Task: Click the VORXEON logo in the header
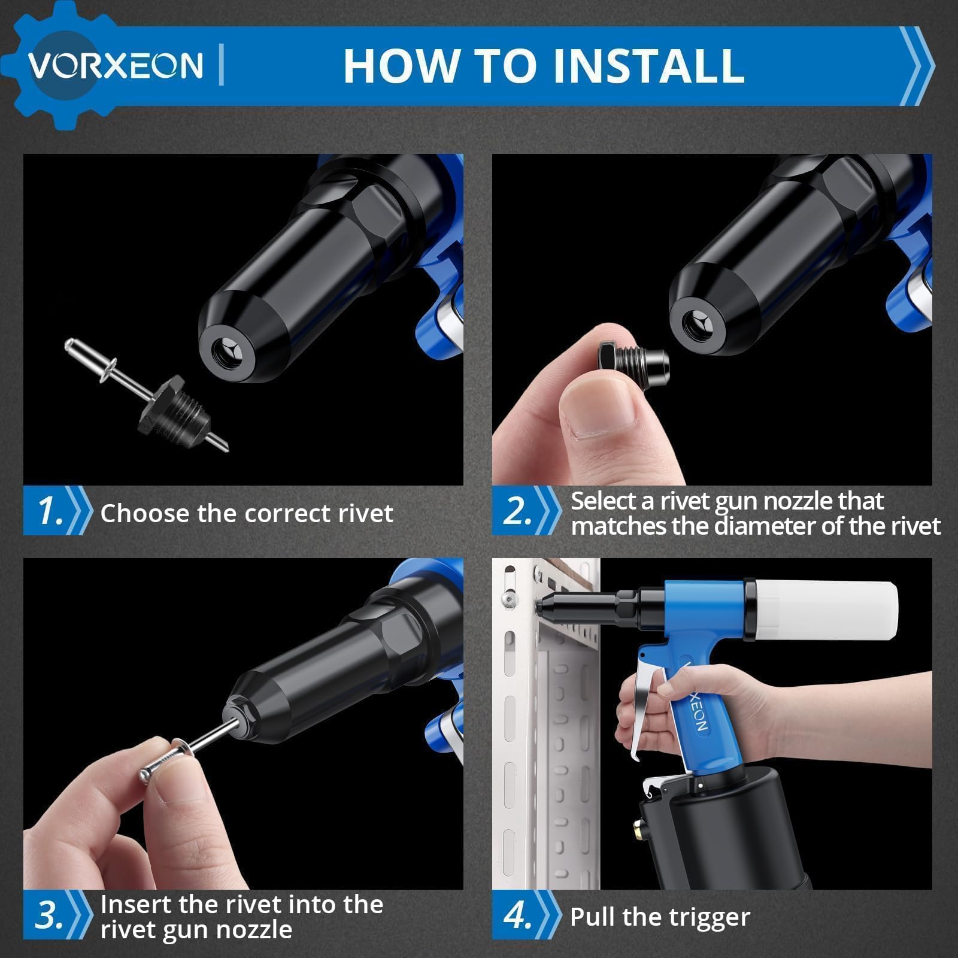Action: [116, 65]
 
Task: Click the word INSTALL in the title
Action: [649, 65]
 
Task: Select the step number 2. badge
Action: [519, 511]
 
